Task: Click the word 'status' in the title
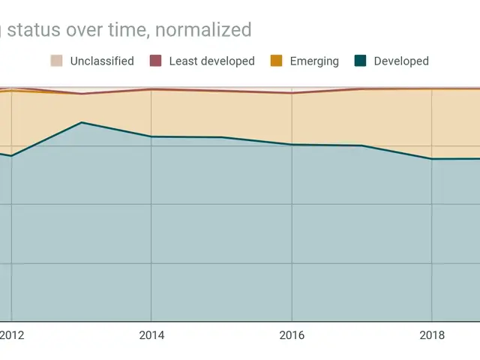36,30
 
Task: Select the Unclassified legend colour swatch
57,61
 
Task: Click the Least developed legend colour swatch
156,61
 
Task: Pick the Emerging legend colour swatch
277,61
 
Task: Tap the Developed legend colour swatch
360,61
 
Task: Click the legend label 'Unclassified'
102,61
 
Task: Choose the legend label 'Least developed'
212,61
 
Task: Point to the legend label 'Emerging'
314,61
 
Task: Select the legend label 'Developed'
401,61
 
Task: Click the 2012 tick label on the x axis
11,335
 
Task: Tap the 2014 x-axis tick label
151,335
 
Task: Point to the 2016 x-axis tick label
292,335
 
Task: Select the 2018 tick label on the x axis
432,335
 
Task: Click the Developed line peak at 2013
82,122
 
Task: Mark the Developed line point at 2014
151,136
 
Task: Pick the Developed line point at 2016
292,144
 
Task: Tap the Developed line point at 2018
432,159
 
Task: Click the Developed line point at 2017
361,145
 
